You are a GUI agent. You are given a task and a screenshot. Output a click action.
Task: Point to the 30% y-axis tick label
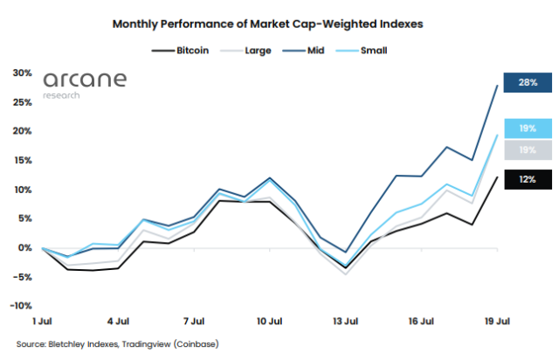click(21, 73)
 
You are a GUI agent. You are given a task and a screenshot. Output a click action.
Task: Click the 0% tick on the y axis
click(24, 248)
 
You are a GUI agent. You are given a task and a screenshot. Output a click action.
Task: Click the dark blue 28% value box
click(527, 82)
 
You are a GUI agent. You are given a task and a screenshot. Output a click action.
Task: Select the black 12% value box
click(527, 179)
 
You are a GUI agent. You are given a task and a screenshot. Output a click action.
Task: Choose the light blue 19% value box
click(527, 128)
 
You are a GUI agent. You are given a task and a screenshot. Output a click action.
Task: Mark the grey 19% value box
click(527, 149)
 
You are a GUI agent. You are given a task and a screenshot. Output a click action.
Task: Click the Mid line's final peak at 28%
click(497, 86)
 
